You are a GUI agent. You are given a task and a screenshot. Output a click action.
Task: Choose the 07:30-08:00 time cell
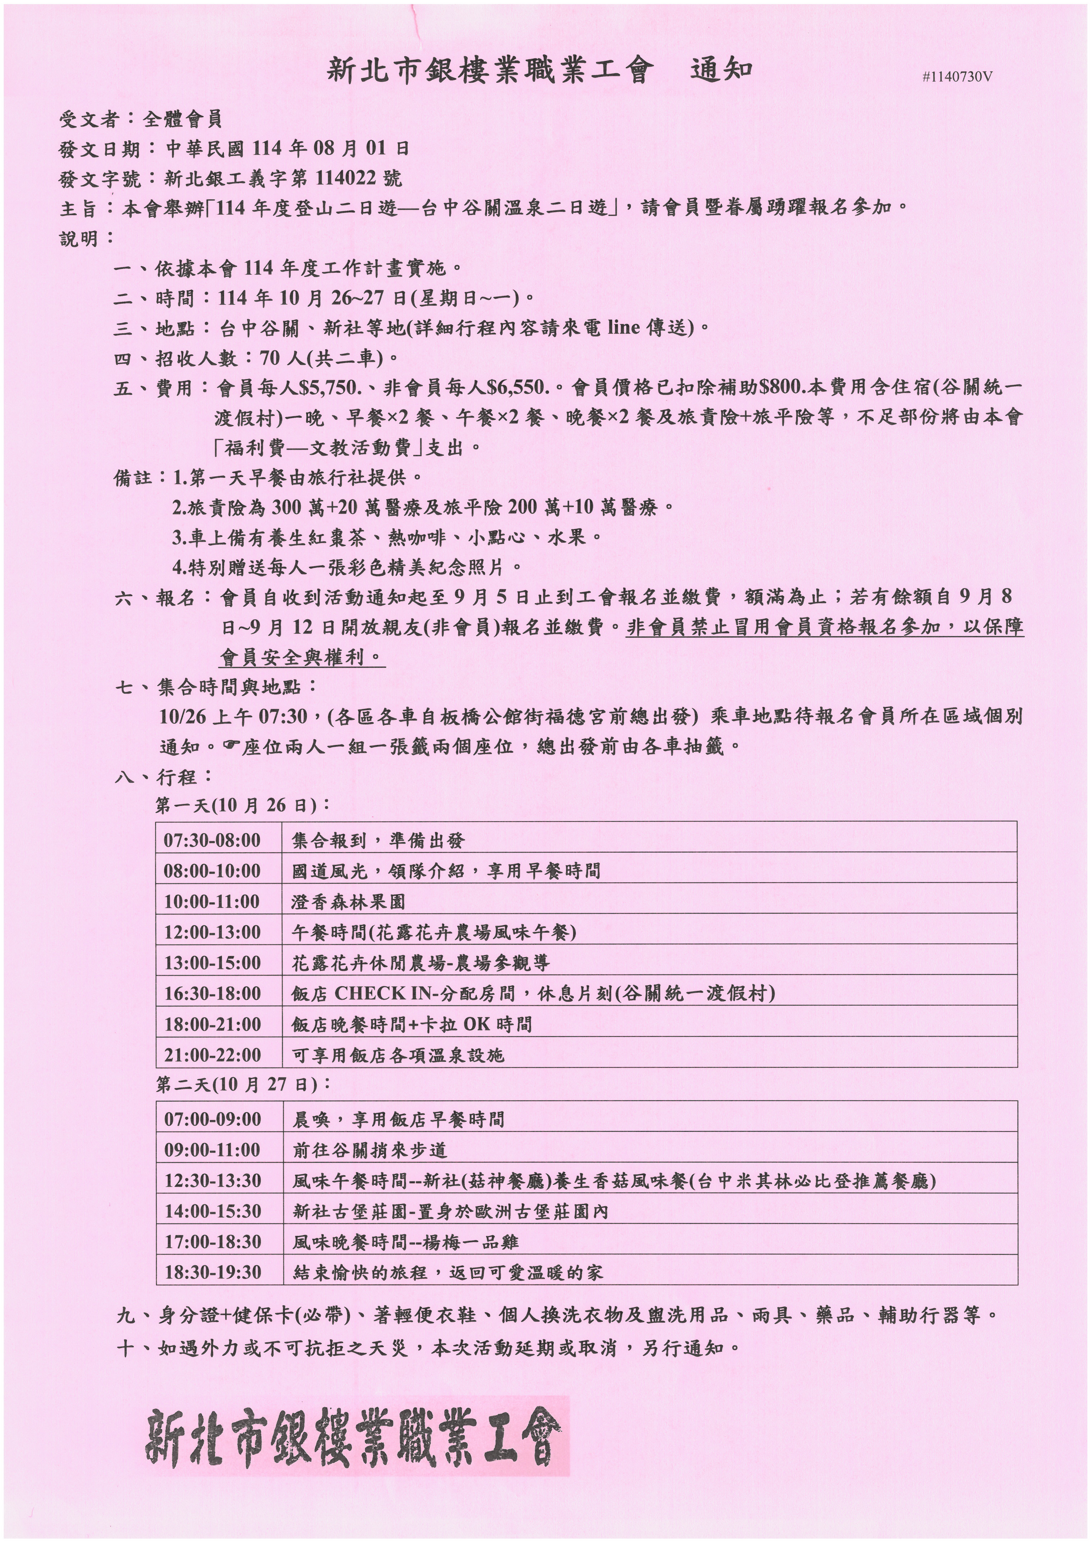click(x=212, y=840)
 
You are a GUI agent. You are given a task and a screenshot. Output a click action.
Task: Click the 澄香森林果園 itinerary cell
click(x=348, y=902)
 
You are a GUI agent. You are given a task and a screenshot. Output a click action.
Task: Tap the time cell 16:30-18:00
click(x=212, y=993)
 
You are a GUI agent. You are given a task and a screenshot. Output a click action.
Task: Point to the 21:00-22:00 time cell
click(x=212, y=1055)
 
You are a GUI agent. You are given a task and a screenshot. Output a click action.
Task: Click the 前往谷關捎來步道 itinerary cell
click(x=370, y=1150)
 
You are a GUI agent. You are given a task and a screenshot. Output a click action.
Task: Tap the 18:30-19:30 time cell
click(x=212, y=1272)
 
